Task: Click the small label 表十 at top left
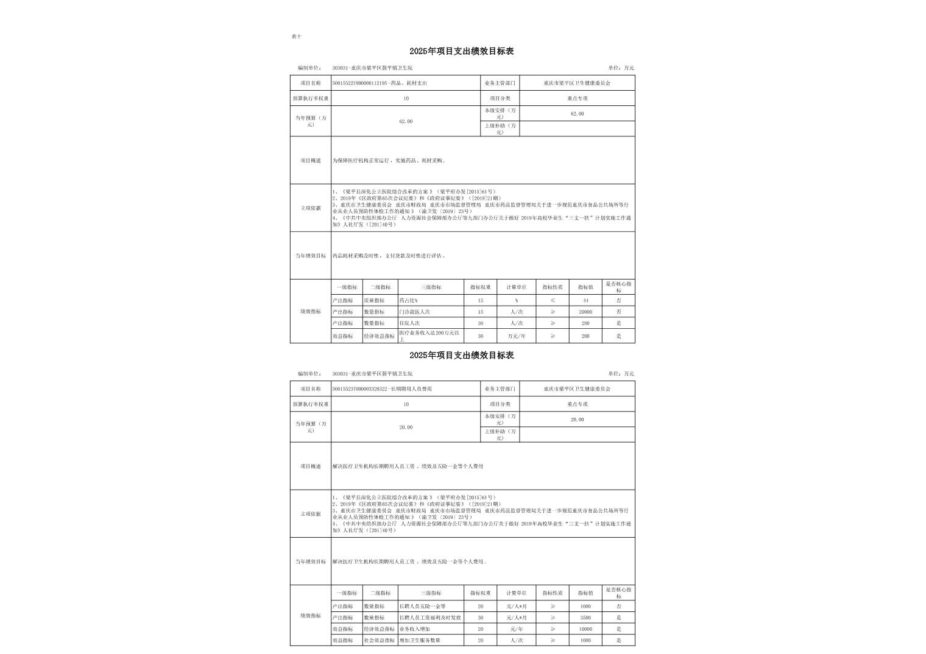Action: click(x=296, y=37)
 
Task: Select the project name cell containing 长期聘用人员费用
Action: click(x=382, y=389)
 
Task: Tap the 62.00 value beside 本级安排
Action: click(x=577, y=114)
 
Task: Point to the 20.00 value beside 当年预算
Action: click(x=406, y=427)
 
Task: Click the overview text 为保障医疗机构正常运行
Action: click(x=389, y=161)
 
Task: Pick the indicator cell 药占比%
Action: click(x=408, y=301)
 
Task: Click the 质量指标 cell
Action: click(x=374, y=301)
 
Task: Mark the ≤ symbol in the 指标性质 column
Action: click(x=553, y=301)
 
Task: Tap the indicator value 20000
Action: click(x=585, y=312)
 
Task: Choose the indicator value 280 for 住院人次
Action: click(x=585, y=323)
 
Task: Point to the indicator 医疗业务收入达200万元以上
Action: click(x=429, y=336)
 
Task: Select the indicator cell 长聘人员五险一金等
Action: click(x=422, y=607)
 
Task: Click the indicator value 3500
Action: click(x=585, y=617)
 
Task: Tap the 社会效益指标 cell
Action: click(x=379, y=640)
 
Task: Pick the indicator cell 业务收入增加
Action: click(x=414, y=629)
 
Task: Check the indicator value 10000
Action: click(x=585, y=629)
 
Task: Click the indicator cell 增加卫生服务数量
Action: click(x=420, y=640)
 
